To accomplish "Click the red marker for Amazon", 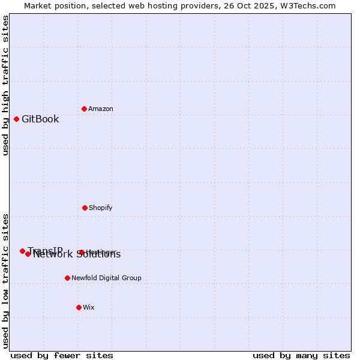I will pos(84,109).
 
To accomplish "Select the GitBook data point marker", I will pos(16,119).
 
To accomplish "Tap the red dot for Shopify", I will pos(85,208).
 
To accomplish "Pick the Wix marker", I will pos(79,307).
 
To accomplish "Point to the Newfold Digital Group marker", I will pos(67,278).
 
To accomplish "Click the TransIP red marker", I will pos(22,251).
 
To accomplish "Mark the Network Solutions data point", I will pos(28,254).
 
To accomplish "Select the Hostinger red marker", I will pos(82,252).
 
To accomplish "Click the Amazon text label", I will pos(101,109).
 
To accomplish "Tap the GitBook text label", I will pos(40,119).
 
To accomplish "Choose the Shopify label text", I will pos(100,208).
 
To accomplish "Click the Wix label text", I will pos(89,307).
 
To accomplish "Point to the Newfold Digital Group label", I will pos(106,278).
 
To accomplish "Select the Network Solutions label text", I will pos(77,255).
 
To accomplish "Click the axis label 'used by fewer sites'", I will pos(62,355).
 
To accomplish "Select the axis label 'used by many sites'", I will pos(301,355).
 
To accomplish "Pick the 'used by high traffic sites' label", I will pos(5,85).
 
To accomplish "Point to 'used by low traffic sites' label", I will pos(5,281).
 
